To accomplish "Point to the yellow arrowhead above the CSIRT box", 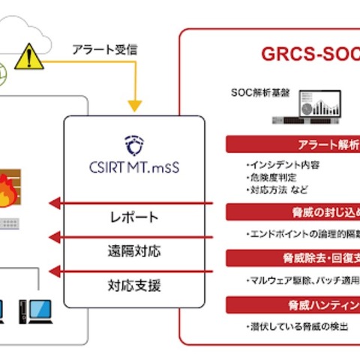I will tap(134, 105).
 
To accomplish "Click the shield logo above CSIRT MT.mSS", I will tap(133, 143).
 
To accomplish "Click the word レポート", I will tap(133, 217).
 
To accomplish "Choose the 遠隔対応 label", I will tap(133, 251).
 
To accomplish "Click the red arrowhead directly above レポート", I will tap(53, 202).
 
